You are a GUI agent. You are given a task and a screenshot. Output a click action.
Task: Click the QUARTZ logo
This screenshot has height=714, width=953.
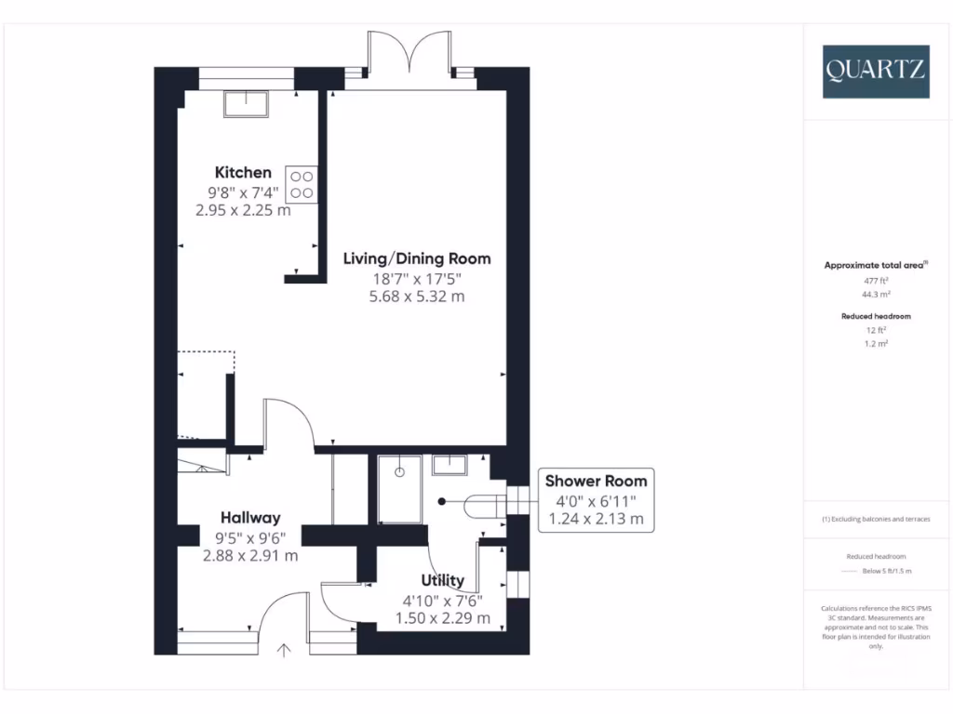pos(875,72)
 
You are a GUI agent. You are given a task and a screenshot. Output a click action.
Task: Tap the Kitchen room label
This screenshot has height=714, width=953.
pos(243,172)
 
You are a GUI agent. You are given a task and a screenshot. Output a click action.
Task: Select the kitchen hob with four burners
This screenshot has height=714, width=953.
pos(301,183)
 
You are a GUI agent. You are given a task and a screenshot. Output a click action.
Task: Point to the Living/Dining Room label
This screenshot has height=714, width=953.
pos(416,258)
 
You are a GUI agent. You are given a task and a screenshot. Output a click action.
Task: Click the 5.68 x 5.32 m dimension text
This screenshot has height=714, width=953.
pos(416,297)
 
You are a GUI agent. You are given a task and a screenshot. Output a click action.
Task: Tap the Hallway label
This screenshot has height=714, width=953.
pos(250,518)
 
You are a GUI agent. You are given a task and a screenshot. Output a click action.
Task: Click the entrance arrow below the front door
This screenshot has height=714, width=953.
pos(284,651)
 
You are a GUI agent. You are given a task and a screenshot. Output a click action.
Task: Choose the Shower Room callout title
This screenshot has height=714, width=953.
pos(596,481)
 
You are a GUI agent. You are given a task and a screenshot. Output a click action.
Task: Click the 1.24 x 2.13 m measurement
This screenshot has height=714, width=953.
pos(596,519)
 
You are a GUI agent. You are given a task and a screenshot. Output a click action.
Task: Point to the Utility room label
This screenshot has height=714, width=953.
pos(442,581)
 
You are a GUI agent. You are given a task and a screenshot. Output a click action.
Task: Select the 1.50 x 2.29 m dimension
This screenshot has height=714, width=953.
pos(442,617)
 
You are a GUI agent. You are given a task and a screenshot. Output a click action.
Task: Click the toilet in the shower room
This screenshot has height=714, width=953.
pos(479,504)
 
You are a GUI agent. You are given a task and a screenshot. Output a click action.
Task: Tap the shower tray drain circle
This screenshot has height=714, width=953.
pos(401,472)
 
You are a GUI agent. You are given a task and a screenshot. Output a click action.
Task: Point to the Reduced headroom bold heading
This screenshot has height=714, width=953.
pos(875,316)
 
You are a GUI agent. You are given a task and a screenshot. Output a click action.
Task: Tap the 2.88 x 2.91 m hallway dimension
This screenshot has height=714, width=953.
pos(250,556)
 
